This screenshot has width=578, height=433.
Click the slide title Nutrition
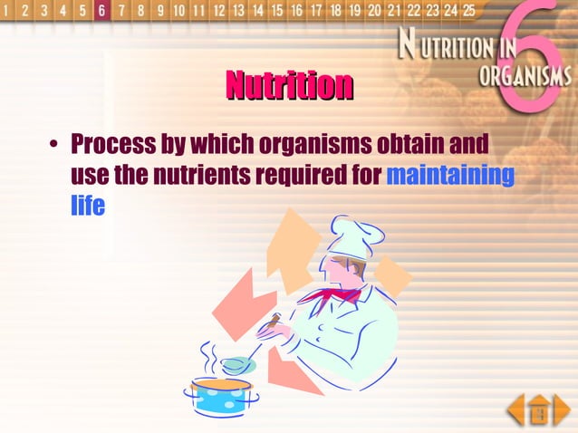pos(289,86)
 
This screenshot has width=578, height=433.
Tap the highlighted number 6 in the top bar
pos(101,11)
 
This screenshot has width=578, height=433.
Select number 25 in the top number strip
pos(468,11)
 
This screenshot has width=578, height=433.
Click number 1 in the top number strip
pos(7,11)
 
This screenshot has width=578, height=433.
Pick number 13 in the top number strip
pos(237,11)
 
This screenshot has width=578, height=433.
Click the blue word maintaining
pos(449,175)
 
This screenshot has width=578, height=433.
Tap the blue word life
pos(88,206)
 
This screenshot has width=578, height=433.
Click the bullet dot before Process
pos(54,146)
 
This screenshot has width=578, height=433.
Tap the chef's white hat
pos(349,236)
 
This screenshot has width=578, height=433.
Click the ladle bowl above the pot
pos(238,364)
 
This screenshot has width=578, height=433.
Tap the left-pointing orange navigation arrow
pos(516,409)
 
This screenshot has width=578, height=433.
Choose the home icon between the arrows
pos(539,410)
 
